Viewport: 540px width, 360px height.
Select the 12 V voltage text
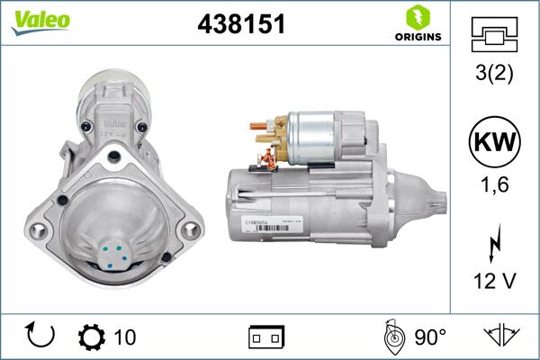(496, 282)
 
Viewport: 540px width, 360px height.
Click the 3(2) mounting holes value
(496, 74)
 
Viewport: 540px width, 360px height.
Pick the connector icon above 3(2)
(496, 36)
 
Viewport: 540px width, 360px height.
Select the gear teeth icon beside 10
(93, 337)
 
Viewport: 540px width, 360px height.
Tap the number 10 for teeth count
(126, 337)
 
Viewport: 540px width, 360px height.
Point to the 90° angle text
(430, 337)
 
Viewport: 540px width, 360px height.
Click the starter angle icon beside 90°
(393, 337)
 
